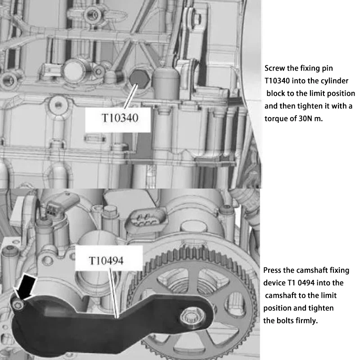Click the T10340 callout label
tap(120, 118)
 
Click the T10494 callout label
tap(106, 261)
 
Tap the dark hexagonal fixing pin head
tap(139, 78)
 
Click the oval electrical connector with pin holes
tap(146, 219)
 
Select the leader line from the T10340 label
tap(130, 96)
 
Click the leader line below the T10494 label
tap(114, 293)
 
